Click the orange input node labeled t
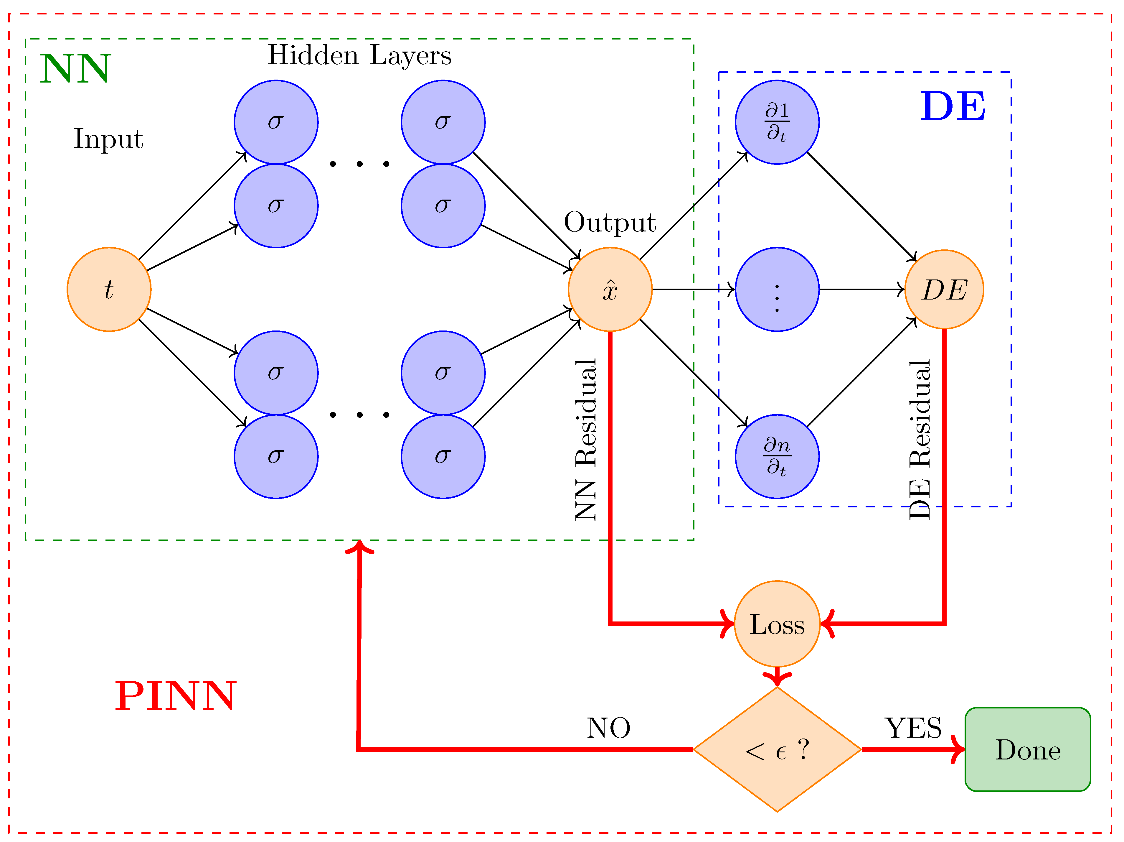(109, 289)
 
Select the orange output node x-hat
(610, 289)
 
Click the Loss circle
(777, 624)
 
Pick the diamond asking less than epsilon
(777, 749)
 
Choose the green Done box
(1027, 749)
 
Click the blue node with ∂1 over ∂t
(777, 122)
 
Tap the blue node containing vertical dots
(777, 289)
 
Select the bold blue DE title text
(953, 107)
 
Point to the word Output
(610, 222)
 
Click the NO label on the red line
(608, 728)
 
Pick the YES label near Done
(913, 728)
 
